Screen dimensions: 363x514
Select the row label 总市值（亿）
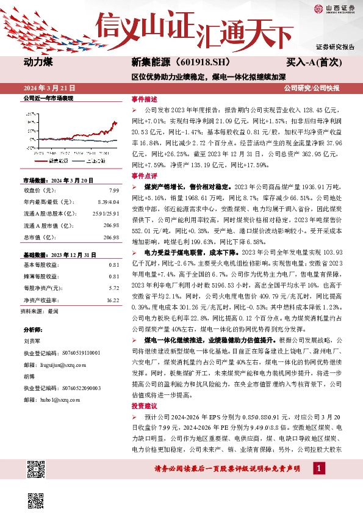(40, 237)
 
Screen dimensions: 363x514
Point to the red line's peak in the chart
(114, 122)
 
